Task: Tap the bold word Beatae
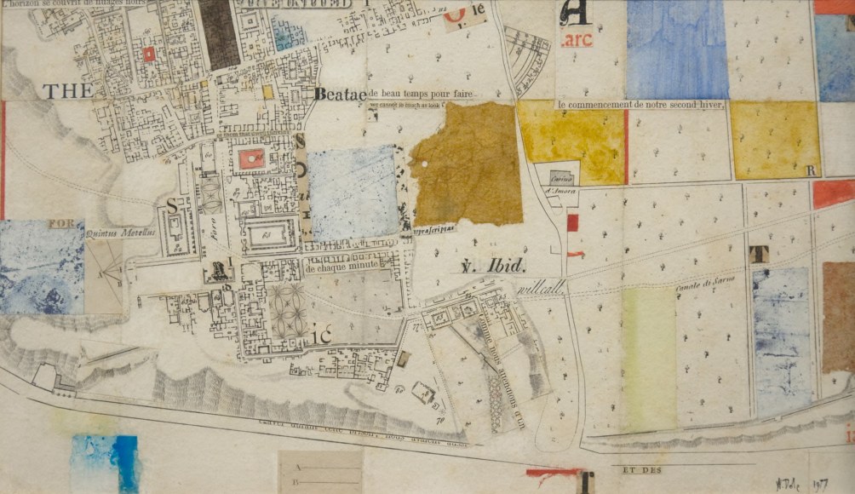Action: pyautogui.click(x=339, y=95)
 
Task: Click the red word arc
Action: pyautogui.click(x=577, y=40)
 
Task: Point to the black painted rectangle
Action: pyautogui.click(x=218, y=34)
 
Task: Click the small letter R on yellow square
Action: pyautogui.click(x=811, y=170)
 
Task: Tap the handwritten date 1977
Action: pyautogui.click(x=821, y=483)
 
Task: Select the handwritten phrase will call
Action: pyautogui.click(x=541, y=290)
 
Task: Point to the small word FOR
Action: pyautogui.click(x=61, y=225)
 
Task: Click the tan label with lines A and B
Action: pyautogui.click(x=320, y=472)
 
